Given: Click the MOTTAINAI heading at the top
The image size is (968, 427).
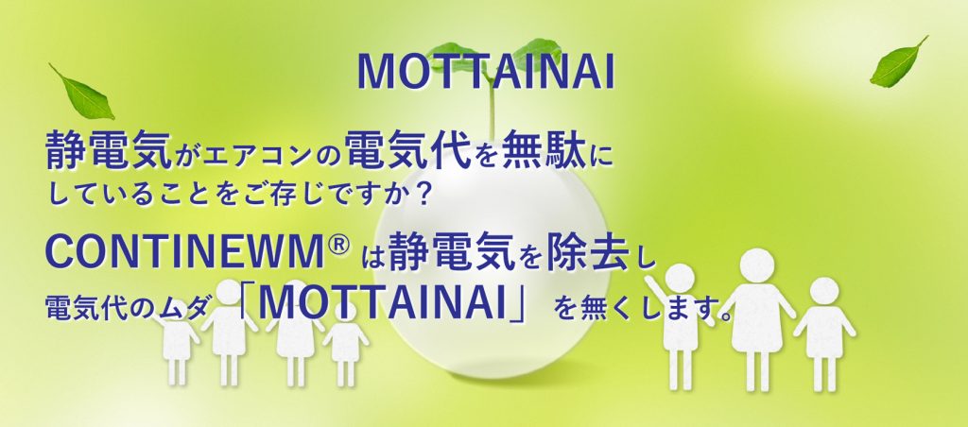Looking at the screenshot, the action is (x=485, y=72).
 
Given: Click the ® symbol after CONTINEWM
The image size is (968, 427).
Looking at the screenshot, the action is (x=339, y=247).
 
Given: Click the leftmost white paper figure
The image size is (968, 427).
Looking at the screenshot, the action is (x=177, y=346).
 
